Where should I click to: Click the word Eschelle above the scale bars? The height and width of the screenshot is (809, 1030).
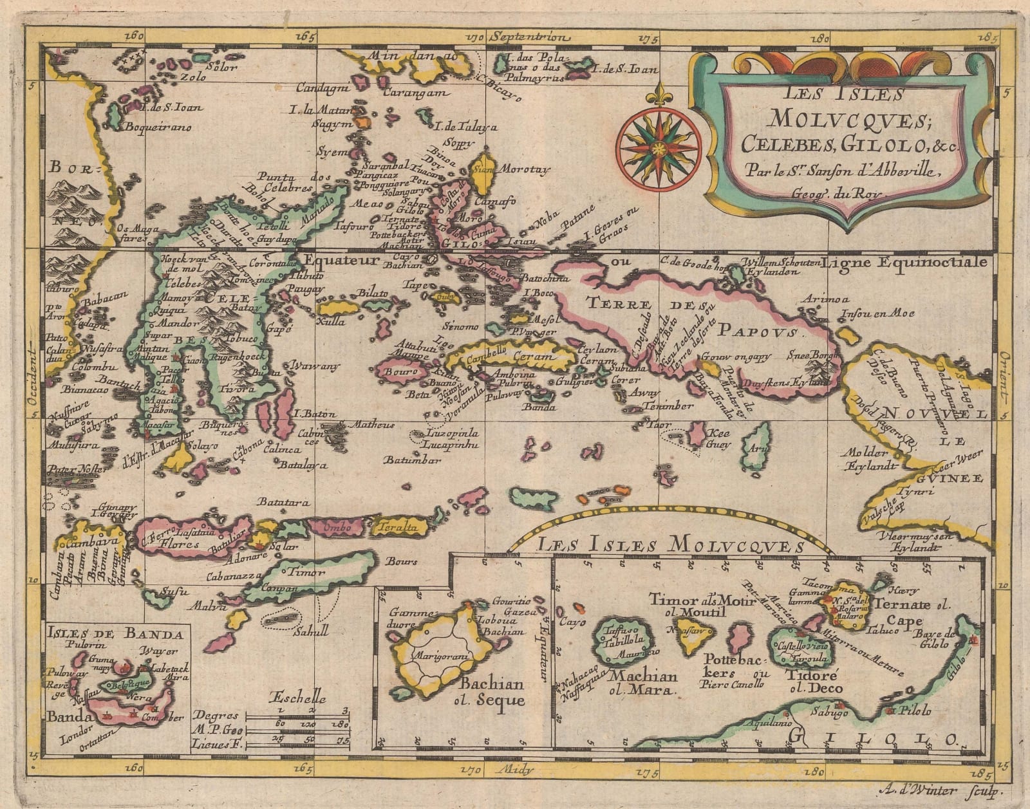click(x=298, y=699)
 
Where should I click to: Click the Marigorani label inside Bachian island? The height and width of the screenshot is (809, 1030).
click(x=442, y=655)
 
